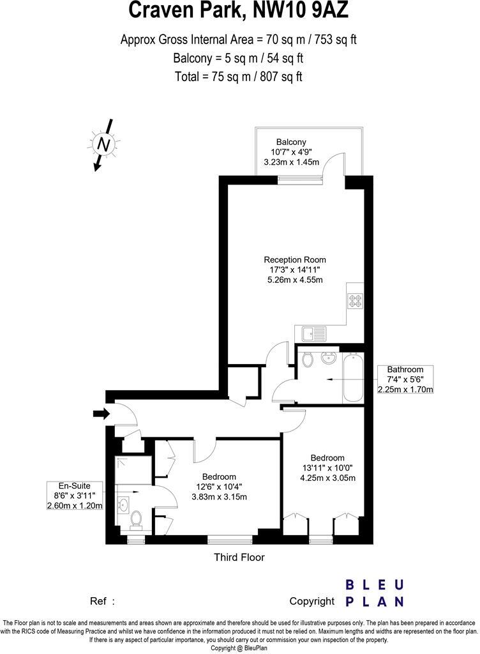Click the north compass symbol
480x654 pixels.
point(102,144)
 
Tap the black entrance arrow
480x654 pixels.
point(101,414)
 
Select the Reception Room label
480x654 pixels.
point(295,260)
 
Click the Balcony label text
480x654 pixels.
point(291,142)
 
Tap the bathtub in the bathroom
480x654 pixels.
point(352,378)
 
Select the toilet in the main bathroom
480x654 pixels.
point(308,360)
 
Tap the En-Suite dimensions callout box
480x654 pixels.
point(75,495)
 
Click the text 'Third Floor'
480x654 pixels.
point(239,557)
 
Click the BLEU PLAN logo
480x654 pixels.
point(374,593)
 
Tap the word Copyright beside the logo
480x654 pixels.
point(311,601)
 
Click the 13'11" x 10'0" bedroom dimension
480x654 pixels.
point(327,468)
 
